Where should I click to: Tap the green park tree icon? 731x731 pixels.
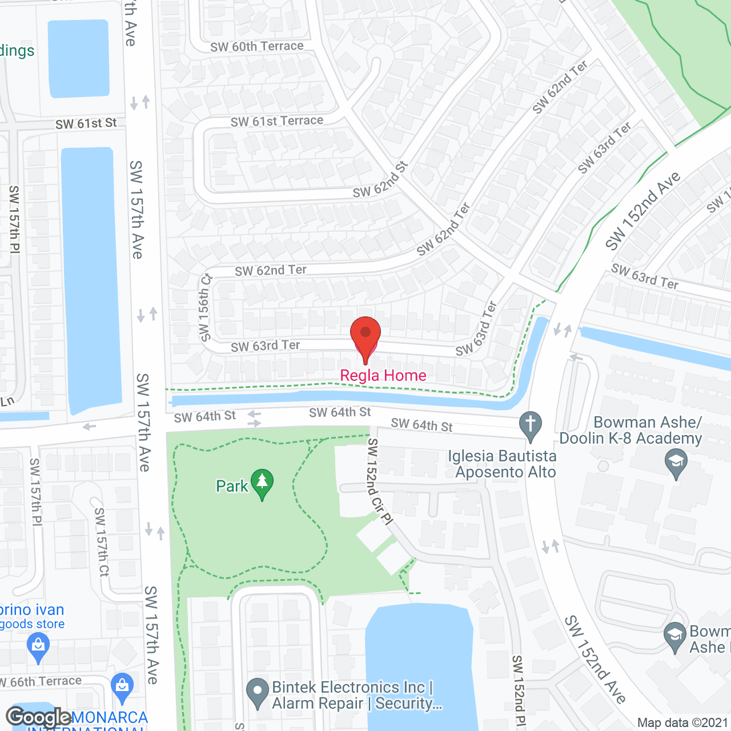262,483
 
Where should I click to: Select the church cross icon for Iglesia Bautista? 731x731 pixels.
531,425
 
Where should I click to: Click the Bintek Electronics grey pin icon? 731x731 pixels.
257,692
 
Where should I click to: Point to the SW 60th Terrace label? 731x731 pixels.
256,46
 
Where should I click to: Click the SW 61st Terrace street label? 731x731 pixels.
277,121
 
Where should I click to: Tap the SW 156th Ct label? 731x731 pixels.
205,307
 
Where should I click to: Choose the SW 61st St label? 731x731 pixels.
86,123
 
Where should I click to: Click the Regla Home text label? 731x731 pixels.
383,375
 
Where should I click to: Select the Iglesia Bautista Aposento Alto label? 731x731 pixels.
503,464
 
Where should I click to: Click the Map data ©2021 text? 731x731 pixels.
682,722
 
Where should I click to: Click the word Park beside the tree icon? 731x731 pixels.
232,486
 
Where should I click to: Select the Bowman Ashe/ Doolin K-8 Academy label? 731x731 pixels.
630,430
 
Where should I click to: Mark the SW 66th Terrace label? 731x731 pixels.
41,681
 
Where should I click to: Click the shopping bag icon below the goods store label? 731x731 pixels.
38,648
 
